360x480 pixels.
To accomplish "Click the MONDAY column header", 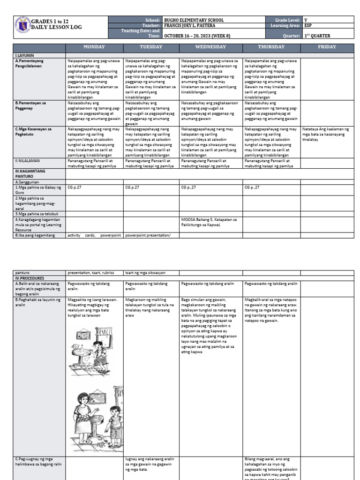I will pyautogui.click(x=94, y=47).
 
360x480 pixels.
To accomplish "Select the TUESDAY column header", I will pyautogui.click(x=151, y=47).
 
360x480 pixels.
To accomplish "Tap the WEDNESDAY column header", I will pyautogui.click(x=210, y=47).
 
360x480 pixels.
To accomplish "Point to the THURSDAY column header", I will pyautogui.click(x=271, y=47).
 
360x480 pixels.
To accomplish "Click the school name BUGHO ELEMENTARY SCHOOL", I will pyautogui.click(x=194, y=20).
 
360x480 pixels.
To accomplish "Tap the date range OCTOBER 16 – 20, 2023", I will pyautogui.click(x=199, y=36).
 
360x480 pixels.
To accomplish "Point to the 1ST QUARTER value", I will pyautogui.click(x=317, y=36).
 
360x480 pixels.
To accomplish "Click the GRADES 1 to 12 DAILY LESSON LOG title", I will pyautogui.click(x=56, y=24).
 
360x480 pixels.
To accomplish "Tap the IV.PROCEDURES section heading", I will pyautogui.click(x=30, y=277).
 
